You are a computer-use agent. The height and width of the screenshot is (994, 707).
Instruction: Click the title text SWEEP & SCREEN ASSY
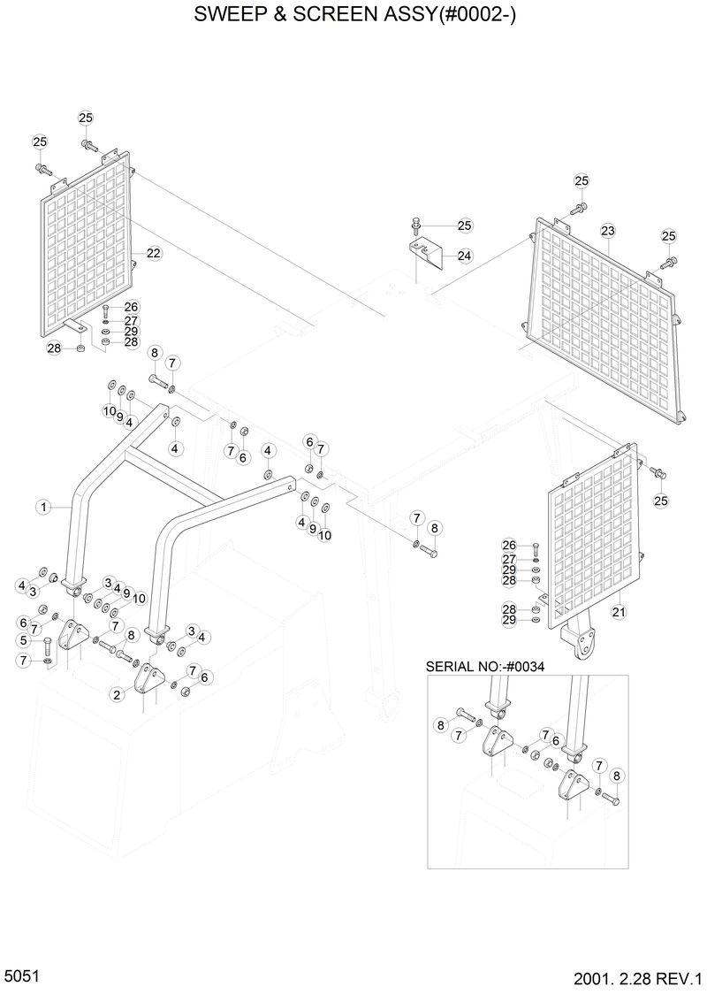[353, 16]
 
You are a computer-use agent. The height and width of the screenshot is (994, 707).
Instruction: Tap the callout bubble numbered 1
[42, 507]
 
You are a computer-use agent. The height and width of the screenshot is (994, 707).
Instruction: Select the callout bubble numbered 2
[116, 695]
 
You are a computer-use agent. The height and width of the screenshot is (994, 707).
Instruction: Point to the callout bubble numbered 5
[24, 640]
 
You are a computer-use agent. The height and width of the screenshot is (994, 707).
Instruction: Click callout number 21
[618, 611]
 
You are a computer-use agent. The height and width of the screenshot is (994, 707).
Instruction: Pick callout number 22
[153, 253]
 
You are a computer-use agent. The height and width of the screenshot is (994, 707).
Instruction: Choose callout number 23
[607, 232]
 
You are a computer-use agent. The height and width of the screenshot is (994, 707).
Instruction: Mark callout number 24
[464, 256]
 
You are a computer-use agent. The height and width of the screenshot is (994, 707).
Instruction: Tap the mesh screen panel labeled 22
[88, 256]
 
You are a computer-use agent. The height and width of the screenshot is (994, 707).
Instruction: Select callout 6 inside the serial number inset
[555, 741]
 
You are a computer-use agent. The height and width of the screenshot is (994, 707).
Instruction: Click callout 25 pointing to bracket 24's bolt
[465, 226]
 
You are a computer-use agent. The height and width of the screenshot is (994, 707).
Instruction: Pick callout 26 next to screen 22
[131, 308]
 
